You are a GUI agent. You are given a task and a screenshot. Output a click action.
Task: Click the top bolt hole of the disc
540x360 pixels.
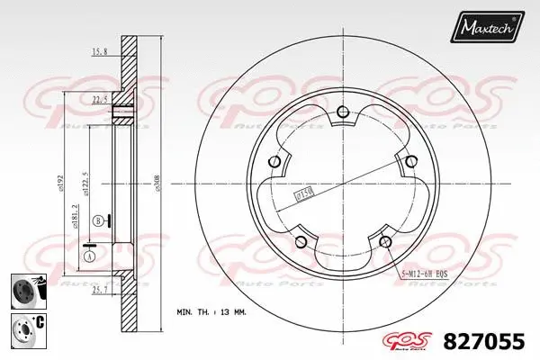(x=342, y=112)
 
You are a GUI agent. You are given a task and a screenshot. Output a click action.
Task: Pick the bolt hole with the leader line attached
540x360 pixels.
(x=386, y=240)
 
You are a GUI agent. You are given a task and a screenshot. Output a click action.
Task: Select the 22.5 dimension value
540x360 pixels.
(x=99, y=100)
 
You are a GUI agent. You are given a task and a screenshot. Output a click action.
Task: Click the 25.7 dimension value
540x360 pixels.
(x=100, y=290)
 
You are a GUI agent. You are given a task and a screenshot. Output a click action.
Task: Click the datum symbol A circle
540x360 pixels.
(x=89, y=256)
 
